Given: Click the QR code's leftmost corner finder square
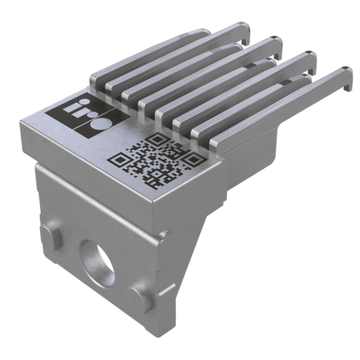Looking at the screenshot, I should click(x=119, y=160).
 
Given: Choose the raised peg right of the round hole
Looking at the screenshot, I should click(x=140, y=297).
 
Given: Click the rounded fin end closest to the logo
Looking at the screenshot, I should click(x=98, y=80).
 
